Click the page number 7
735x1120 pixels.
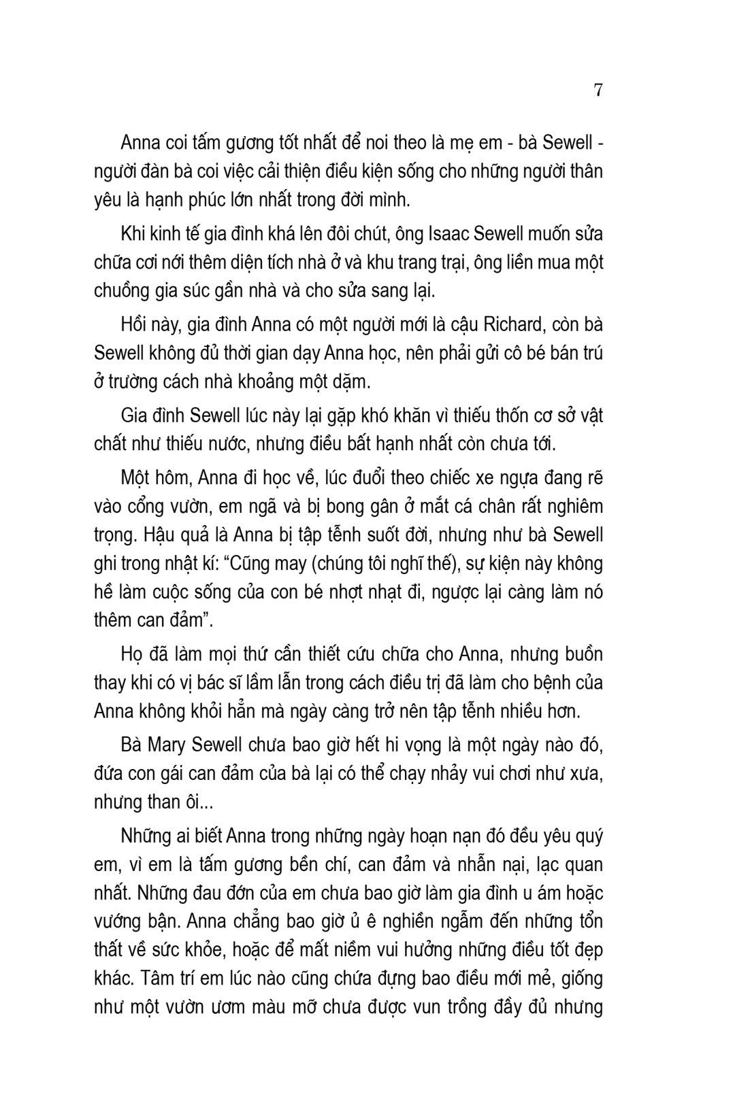(x=598, y=90)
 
